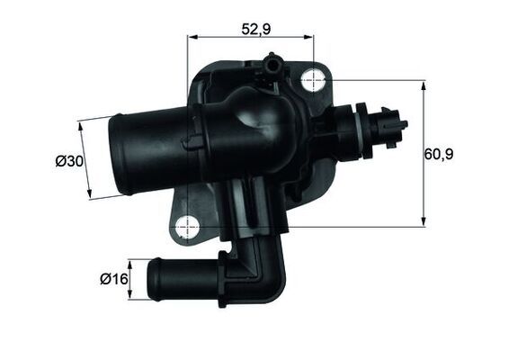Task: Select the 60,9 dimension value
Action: [x=439, y=154]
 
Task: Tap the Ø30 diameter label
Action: [x=69, y=161]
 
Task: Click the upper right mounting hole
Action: [x=312, y=80]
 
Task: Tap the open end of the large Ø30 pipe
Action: [x=114, y=153]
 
